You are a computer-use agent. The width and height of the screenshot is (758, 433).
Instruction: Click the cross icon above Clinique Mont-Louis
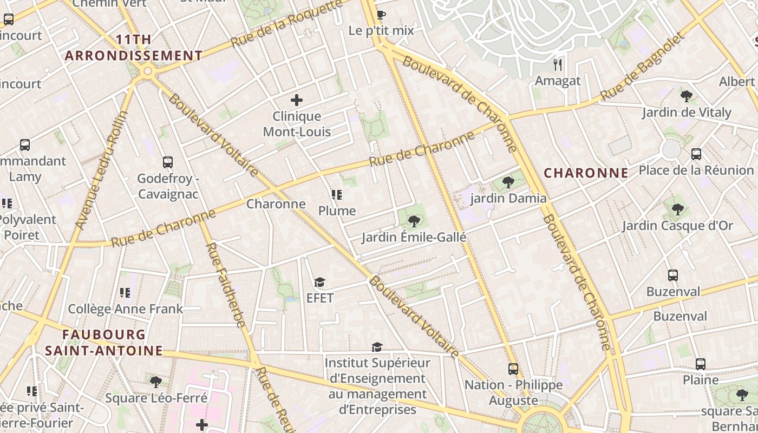(x=296, y=100)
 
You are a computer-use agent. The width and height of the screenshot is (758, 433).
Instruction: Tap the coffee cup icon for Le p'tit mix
(x=381, y=15)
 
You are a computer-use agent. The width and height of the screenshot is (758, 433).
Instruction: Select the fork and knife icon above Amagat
(x=558, y=65)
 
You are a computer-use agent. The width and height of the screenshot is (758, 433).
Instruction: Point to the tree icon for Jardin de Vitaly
(x=686, y=96)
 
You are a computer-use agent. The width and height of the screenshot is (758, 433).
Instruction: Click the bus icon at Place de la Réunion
(x=696, y=154)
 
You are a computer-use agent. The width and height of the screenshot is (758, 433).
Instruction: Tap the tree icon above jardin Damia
(x=508, y=182)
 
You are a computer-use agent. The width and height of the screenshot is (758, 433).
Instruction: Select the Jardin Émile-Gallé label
(x=414, y=237)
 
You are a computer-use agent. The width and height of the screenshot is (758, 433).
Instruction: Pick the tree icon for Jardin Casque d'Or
(x=677, y=209)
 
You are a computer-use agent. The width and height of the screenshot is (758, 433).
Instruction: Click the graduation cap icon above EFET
(x=319, y=283)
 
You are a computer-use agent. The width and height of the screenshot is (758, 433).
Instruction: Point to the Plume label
(x=337, y=211)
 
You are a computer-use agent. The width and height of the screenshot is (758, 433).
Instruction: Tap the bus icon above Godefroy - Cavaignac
(x=168, y=162)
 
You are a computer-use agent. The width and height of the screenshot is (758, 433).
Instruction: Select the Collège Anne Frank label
(x=126, y=309)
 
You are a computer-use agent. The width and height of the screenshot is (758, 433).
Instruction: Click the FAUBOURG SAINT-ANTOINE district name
(x=103, y=343)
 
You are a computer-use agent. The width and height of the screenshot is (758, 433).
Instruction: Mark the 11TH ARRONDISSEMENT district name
(x=134, y=48)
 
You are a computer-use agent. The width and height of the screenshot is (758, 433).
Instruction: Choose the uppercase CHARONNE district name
(x=586, y=173)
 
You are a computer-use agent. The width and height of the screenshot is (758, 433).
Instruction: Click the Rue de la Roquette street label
(x=287, y=23)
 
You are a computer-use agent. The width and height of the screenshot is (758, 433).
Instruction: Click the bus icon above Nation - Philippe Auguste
(x=513, y=369)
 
